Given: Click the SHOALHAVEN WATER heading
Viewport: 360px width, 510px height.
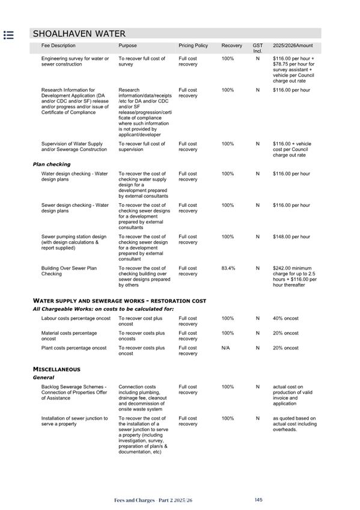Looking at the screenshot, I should tap(79, 34).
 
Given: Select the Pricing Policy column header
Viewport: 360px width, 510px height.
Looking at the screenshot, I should tap(193, 46).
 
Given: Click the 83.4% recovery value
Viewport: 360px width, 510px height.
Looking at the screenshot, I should tap(228, 268).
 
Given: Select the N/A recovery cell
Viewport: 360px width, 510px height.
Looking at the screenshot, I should tap(226, 348).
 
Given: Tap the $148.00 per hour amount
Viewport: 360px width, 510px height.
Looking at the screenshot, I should tap(291, 237).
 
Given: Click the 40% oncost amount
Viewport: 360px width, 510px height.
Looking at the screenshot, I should tap(285, 318).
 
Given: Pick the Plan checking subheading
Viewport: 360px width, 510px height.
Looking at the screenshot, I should tap(51, 164).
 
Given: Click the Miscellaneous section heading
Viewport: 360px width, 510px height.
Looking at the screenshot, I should tap(56, 369).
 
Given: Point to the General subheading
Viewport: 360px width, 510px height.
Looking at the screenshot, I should tap(43, 378).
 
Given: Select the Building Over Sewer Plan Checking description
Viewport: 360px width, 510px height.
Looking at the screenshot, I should tap(69, 271).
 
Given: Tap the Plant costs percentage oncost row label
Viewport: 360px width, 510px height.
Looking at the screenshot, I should tap(74, 348).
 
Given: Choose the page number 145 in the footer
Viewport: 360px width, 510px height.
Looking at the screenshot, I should tap(258, 500).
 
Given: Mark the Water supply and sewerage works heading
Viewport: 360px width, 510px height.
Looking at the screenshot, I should tap(120, 301).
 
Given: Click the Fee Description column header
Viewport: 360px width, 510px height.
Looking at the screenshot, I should tap(58, 46).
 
